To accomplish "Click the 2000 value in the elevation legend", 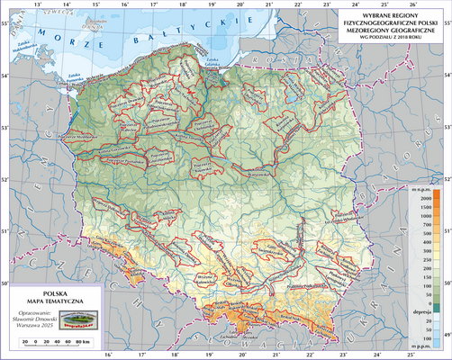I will coord(419,196).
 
